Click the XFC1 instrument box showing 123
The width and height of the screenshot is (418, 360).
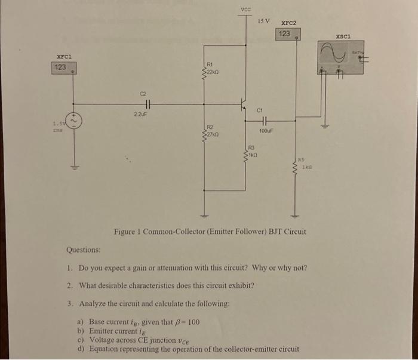[60, 67]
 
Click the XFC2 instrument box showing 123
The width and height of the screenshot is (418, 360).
[285, 35]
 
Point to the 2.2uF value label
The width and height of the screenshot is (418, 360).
[140, 113]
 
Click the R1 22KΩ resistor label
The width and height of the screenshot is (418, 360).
[214, 68]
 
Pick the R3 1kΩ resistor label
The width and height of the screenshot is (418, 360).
[254, 150]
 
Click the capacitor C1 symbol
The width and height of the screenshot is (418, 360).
[265, 118]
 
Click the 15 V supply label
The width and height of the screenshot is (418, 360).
[264, 21]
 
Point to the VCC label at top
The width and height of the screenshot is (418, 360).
[246, 8]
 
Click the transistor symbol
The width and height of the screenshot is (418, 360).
[244, 104]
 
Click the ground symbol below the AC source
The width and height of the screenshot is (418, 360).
[74, 167]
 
